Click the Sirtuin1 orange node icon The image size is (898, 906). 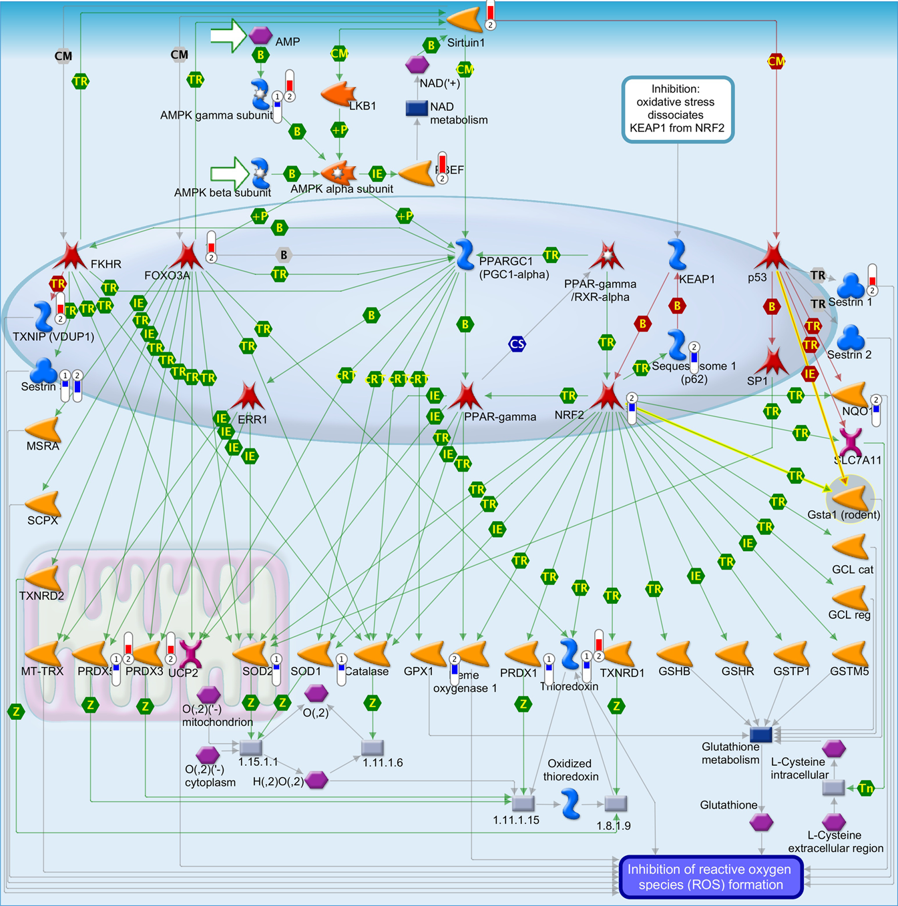[465, 20]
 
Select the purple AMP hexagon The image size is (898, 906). [260, 35]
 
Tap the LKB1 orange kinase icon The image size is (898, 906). [339, 94]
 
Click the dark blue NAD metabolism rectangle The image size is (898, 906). [417, 108]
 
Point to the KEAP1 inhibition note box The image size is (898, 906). [677, 109]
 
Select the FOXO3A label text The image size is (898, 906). [167, 276]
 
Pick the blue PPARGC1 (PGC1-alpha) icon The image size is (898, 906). [465, 255]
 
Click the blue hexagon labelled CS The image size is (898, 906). [517, 344]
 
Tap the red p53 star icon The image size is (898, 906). [772, 256]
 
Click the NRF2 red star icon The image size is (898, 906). [608, 396]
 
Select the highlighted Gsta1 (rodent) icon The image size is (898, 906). [849, 498]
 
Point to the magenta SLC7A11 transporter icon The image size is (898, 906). [851, 442]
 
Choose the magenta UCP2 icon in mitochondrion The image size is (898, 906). [191, 654]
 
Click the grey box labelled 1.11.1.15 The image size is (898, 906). [523, 803]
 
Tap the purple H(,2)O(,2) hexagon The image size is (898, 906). [316, 780]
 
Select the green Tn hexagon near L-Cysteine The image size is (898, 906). [866, 789]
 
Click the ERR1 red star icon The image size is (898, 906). [248, 396]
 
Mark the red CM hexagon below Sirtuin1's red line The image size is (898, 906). [776, 62]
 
